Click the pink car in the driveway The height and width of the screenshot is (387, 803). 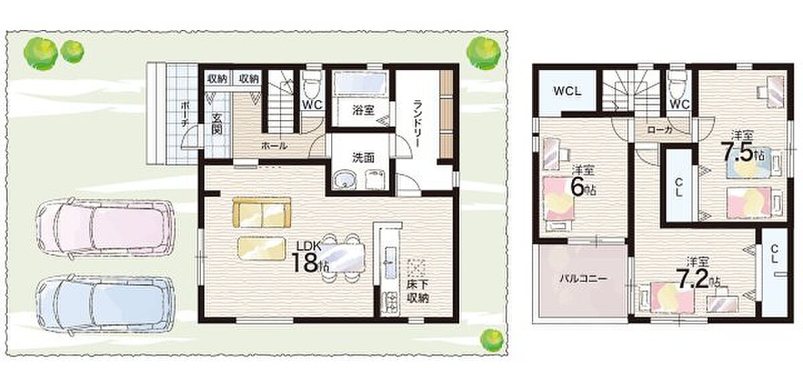point(106,227)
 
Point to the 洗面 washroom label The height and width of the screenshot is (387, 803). point(363,158)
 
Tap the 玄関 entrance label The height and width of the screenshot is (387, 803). point(215,124)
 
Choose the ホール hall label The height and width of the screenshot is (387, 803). point(274,145)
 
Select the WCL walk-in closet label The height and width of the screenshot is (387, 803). point(567,91)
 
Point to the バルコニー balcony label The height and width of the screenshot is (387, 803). point(584,279)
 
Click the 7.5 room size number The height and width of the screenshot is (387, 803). point(737,153)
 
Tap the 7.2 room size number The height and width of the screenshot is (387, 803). point(693,279)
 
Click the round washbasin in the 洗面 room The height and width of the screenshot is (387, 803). point(344,180)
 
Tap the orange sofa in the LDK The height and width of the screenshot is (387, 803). point(262,213)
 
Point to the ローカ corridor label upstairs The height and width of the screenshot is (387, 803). point(659,130)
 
